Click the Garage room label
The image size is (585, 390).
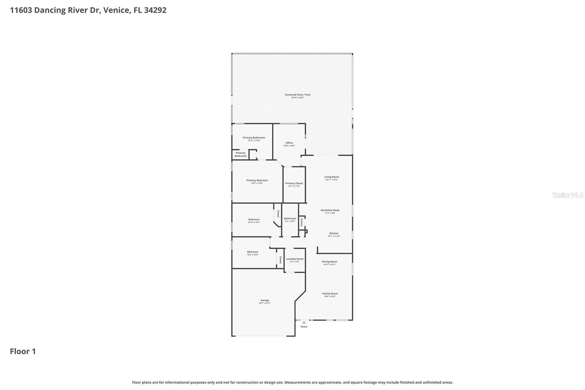pos(264,300)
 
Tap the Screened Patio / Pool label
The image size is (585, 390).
pos(298,95)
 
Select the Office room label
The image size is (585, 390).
pos(289,143)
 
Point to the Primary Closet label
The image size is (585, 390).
pos(294,183)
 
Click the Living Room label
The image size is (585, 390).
pos(332,177)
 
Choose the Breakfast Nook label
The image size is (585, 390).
pos(330,210)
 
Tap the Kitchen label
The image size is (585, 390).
pos(334,233)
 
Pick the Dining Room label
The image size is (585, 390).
pos(329,262)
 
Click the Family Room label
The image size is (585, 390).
pos(330,293)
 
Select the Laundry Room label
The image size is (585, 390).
pos(294,259)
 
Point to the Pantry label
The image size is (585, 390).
pos(302,222)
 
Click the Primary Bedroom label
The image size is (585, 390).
pos(257,180)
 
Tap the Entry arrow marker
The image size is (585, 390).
pos(304,322)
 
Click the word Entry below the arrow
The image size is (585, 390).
pos(304,326)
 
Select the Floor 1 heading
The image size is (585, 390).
pos(23,351)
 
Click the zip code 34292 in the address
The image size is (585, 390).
pos(155,10)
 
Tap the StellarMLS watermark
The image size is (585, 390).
pos(567,195)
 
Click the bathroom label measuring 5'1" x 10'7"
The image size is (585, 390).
pos(290,219)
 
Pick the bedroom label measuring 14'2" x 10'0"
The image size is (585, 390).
pos(252,252)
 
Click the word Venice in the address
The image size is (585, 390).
pos(116,10)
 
